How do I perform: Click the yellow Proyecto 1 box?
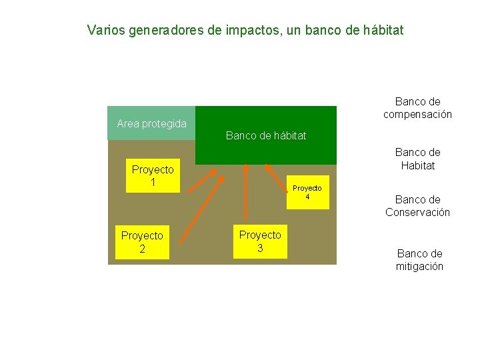pos(153,176)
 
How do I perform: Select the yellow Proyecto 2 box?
pos(141,242)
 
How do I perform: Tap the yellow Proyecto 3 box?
pos(260,241)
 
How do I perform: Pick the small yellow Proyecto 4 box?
pos(307,193)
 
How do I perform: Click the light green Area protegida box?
pos(151,123)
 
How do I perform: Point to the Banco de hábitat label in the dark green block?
pos(266,136)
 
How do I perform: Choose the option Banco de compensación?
pos(417,108)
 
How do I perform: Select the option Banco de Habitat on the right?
pos(417,159)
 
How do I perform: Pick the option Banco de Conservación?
pos(417,206)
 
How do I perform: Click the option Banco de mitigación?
pos(419,260)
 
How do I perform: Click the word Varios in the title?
pos(103,31)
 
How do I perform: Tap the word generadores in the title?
pos(163,31)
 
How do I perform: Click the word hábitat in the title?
pos(381,31)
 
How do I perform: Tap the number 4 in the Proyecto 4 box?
pos(307,197)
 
